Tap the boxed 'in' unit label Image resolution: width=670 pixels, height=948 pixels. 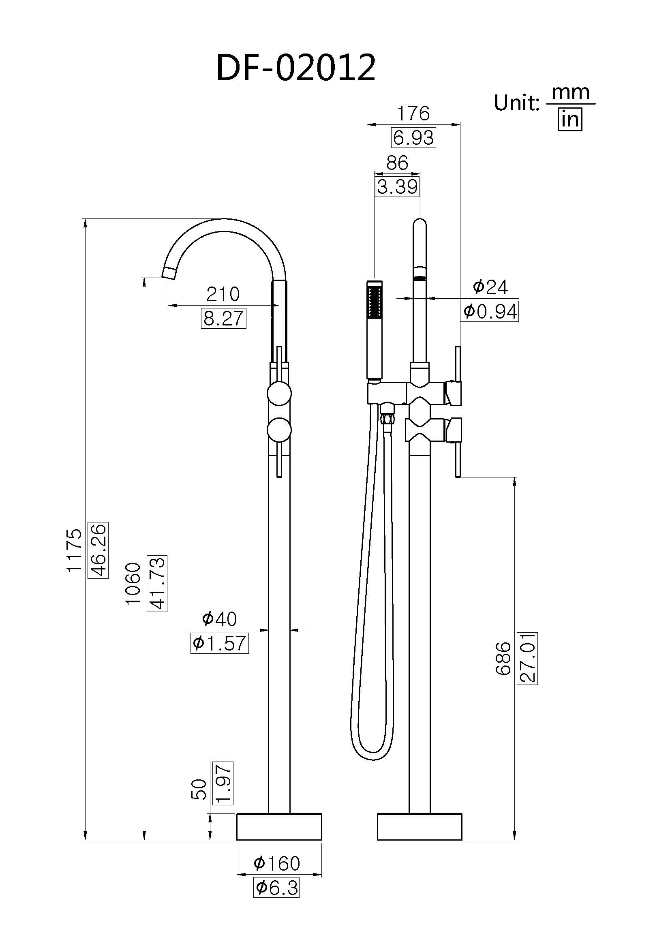point(570,120)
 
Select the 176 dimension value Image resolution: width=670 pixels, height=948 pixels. point(413,113)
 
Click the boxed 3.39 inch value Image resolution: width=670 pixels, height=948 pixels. point(397,187)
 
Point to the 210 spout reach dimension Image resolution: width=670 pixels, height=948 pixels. point(223,294)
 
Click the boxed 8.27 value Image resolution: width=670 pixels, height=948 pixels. point(223,319)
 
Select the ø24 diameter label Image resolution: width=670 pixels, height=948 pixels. point(490,287)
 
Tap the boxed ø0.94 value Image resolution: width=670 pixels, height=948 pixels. point(490,312)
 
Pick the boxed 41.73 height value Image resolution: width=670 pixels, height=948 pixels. point(157,583)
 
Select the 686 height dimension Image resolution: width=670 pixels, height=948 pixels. point(503,658)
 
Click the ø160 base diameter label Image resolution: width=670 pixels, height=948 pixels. point(276,863)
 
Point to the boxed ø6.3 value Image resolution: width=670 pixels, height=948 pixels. point(276,888)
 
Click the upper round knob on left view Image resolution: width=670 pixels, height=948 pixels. point(279,394)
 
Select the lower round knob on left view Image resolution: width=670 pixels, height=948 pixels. point(279,430)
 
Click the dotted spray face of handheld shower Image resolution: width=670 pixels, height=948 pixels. point(375,303)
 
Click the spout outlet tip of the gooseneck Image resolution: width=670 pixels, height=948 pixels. point(169,273)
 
